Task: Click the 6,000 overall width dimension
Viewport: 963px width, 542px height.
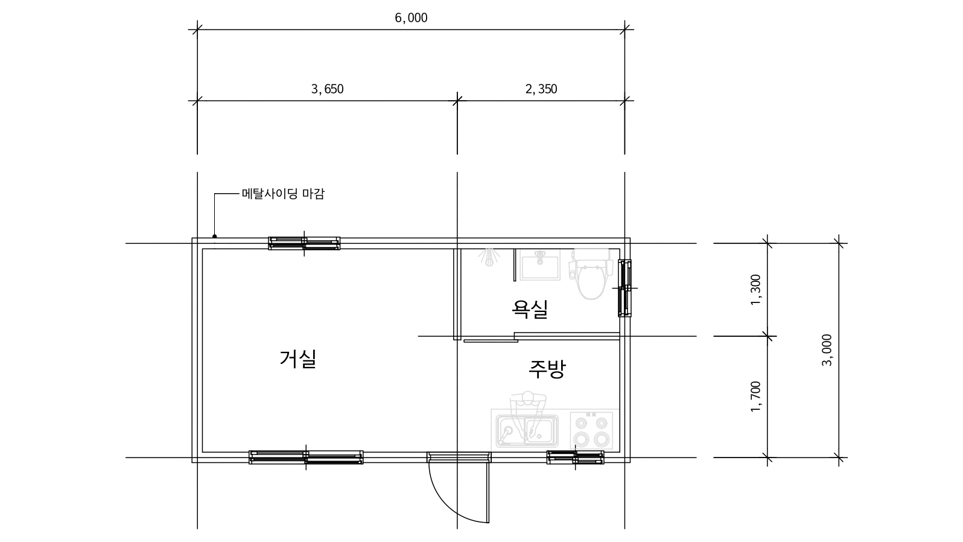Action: tap(411, 18)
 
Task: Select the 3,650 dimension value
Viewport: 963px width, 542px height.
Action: tap(327, 89)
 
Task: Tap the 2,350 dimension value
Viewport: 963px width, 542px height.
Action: tap(541, 89)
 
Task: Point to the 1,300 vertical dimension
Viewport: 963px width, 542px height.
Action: tap(755, 290)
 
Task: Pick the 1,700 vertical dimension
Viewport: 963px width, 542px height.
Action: tap(755, 396)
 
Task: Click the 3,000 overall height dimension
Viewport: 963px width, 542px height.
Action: tap(827, 350)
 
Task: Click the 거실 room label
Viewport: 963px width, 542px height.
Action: tap(298, 359)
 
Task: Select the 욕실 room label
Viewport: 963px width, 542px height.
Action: tap(530, 309)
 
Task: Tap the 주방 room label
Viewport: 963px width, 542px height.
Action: tap(547, 369)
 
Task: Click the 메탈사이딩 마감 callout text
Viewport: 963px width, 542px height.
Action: tap(283, 194)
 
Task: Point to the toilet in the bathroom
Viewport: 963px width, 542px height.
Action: tap(591, 273)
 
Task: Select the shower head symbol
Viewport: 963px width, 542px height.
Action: tap(489, 257)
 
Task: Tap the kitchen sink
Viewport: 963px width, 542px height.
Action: tap(527, 430)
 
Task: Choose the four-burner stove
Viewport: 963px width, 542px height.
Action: tap(591, 430)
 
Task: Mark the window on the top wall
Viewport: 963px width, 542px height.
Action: tap(304, 243)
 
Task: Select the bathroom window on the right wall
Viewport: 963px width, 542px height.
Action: tap(625, 288)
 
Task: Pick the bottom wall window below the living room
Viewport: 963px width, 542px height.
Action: tap(306, 458)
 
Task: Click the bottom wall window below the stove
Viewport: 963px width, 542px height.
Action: tap(575, 458)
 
